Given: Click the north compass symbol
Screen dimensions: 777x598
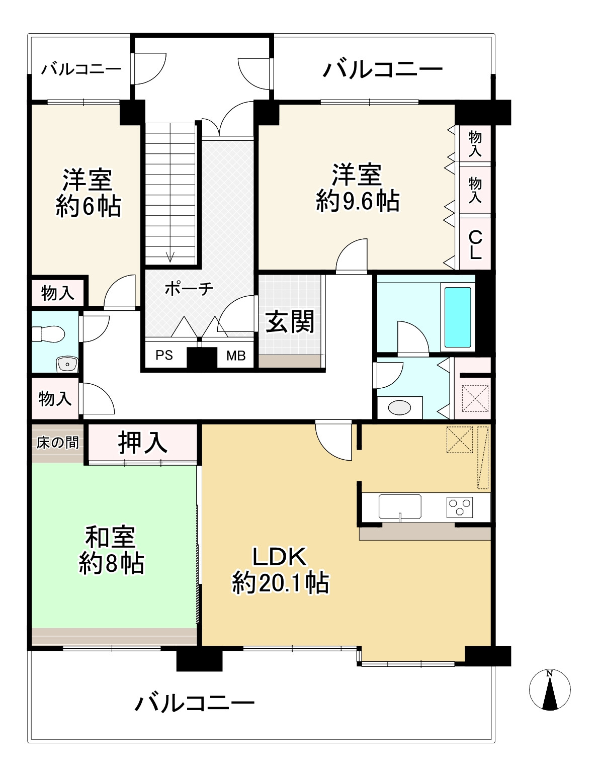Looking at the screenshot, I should tap(550, 690).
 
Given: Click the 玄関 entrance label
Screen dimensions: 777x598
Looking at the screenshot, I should tap(290, 321).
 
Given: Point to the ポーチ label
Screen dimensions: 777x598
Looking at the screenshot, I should tap(189, 289).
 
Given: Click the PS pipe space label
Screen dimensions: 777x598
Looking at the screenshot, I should tap(164, 356).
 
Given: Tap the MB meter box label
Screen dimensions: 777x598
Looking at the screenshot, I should tap(235, 356).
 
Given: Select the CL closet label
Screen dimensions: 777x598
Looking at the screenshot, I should tap(475, 244).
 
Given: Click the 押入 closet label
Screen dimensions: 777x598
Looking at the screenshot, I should tap(143, 442).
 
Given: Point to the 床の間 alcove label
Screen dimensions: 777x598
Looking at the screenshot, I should tap(57, 443).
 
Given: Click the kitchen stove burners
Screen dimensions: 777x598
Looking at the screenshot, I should tap(460, 506).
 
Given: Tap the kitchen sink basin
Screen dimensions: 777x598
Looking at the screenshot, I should tap(400, 505).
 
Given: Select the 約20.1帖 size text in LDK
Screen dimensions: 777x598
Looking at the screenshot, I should tap(280, 583).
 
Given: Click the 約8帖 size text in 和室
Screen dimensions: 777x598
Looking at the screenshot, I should tap(112, 564).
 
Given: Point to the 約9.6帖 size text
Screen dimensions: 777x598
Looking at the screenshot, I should tap(358, 201).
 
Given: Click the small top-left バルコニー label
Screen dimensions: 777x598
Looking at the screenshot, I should tap(81, 69).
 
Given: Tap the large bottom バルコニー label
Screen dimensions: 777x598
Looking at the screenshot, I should tap(194, 703).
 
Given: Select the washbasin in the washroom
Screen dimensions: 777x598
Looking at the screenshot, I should tap(399, 407).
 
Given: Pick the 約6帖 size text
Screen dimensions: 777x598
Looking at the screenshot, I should tap(88, 206).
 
